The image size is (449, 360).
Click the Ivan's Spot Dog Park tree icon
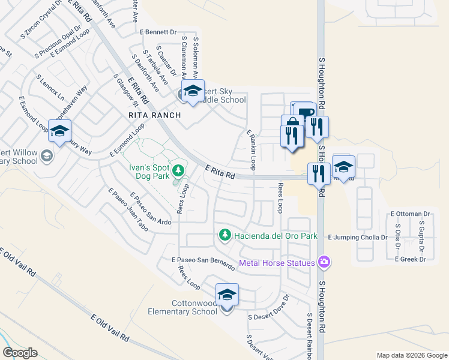coord(178,172)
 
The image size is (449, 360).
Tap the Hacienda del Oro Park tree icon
coord(225,235)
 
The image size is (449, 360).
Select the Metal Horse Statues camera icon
coord(325,262)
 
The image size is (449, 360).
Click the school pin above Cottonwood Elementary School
coord(227,295)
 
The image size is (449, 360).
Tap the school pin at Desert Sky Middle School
coord(193,91)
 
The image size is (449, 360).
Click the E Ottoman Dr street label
coord(411,214)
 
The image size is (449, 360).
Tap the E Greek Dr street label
coord(410,259)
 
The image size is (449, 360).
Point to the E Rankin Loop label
coord(252,149)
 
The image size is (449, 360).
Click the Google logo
coord(20,353)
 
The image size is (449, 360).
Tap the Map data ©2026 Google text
coord(411,355)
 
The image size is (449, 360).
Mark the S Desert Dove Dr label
coord(268,316)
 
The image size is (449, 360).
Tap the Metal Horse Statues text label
coord(277,263)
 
